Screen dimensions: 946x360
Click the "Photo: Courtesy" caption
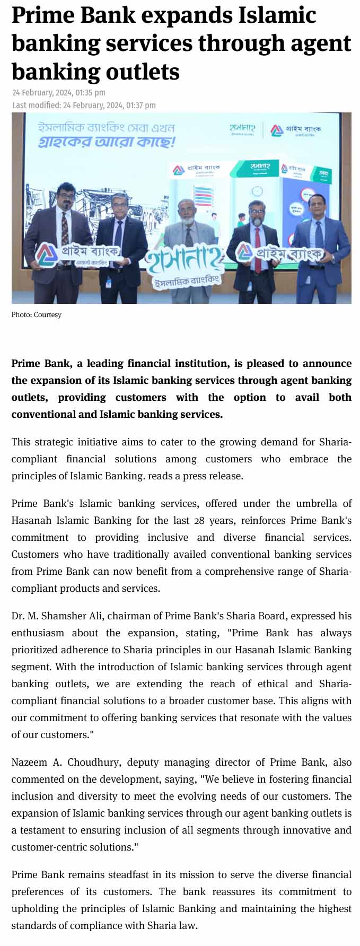pyautogui.click(x=37, y=315)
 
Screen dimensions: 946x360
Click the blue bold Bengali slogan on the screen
pyautogui.click(x=106, y=142)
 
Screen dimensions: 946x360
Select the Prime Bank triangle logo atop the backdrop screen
pyautogui.click(x=277, y=130)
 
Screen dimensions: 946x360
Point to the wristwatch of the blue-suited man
pyautogui.click(x=332, y=258)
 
